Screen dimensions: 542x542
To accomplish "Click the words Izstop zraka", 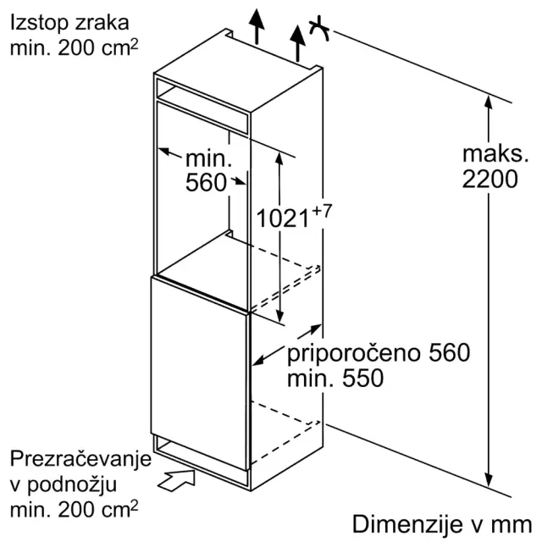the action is coord(69,23).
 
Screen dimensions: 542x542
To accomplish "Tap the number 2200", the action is coord(489,179).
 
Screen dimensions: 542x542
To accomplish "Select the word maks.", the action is coord(495,153).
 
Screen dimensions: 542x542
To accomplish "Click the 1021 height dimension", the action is coord(282,218).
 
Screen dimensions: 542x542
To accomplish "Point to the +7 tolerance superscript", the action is coord(322,211).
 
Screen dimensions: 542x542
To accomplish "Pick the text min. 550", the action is coord(335,378).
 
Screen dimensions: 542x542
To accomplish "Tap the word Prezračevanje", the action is coord(81,460).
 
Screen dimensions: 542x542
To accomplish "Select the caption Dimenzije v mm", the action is coord(442,524).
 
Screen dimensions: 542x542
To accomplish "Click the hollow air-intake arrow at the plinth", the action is coord(176,479).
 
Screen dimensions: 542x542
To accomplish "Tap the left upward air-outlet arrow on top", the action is coord(257,26).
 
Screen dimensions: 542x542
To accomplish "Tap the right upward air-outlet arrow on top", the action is coord(297,43).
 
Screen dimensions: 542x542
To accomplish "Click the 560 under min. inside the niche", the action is coord(206,183).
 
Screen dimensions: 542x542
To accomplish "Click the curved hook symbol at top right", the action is coord(320,29).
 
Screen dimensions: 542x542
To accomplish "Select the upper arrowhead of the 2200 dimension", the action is coord(488,103).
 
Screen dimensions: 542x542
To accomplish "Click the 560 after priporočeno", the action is coord(450,352).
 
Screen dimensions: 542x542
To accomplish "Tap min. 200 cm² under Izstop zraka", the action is coord(74,47).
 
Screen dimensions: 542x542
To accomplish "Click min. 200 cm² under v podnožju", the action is coord(74,510).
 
